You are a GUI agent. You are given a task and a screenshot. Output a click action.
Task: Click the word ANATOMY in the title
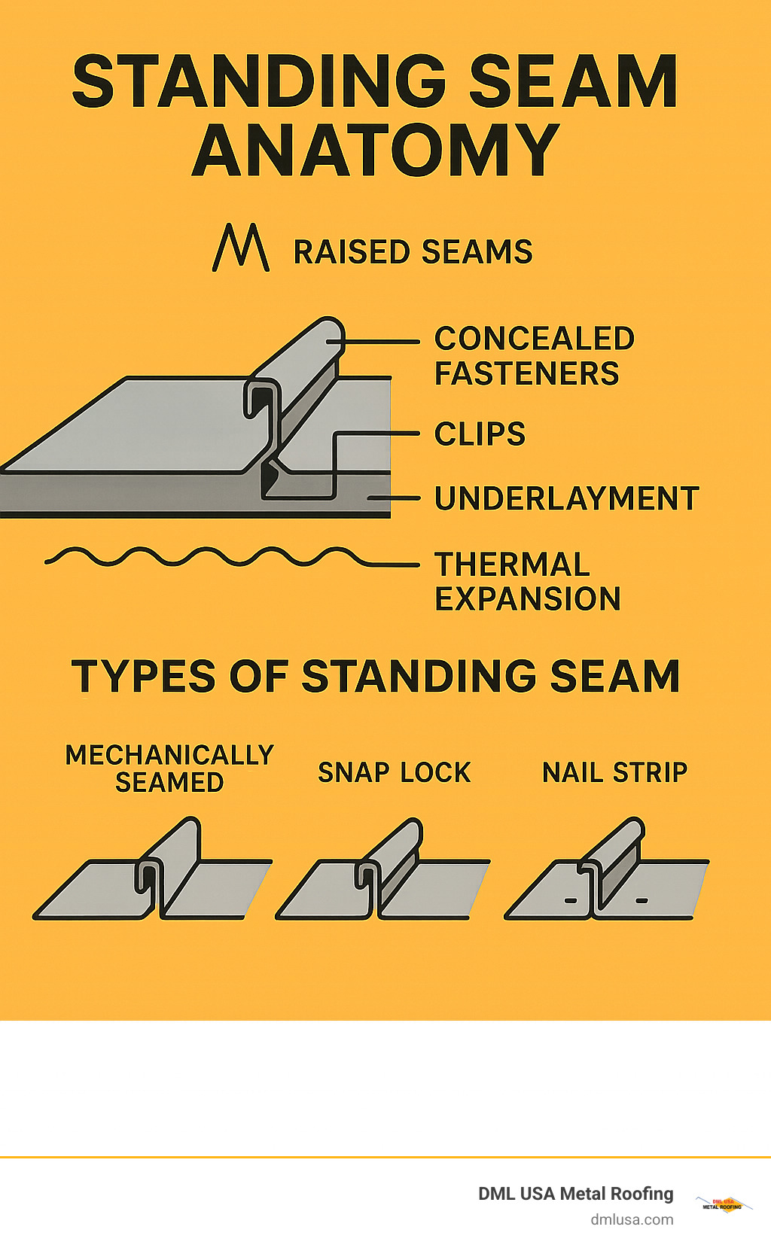[x=375, y=150]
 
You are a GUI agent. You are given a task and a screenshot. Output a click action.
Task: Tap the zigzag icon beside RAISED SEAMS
[x=241, y=248]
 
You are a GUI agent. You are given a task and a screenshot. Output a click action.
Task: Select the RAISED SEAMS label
[x=413, y=252]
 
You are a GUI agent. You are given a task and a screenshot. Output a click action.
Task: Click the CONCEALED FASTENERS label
[x=533, y=356]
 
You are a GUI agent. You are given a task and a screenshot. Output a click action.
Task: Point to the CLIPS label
[x=480, y=434]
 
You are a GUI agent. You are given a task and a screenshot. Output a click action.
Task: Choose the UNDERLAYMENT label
[x=566, y=498]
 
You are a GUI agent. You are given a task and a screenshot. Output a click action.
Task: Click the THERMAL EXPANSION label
[x=527, y=582]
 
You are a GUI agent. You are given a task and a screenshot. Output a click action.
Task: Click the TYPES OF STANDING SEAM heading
[x=375, y=676]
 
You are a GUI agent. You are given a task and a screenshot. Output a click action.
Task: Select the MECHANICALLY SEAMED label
[x=169, y=769]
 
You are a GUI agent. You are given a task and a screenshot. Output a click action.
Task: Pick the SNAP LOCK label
[x=394, y=773]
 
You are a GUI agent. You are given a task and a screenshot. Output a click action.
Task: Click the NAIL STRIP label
[x=614, y=773]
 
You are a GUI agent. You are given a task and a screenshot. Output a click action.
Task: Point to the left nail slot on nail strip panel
[x=570, y=900]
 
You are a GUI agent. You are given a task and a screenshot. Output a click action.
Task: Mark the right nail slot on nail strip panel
[x=641, y=900]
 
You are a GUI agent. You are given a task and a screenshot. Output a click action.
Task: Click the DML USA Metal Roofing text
[x=575, y=1194]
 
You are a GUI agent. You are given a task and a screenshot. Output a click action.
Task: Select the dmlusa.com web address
[x=631, y=1219]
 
